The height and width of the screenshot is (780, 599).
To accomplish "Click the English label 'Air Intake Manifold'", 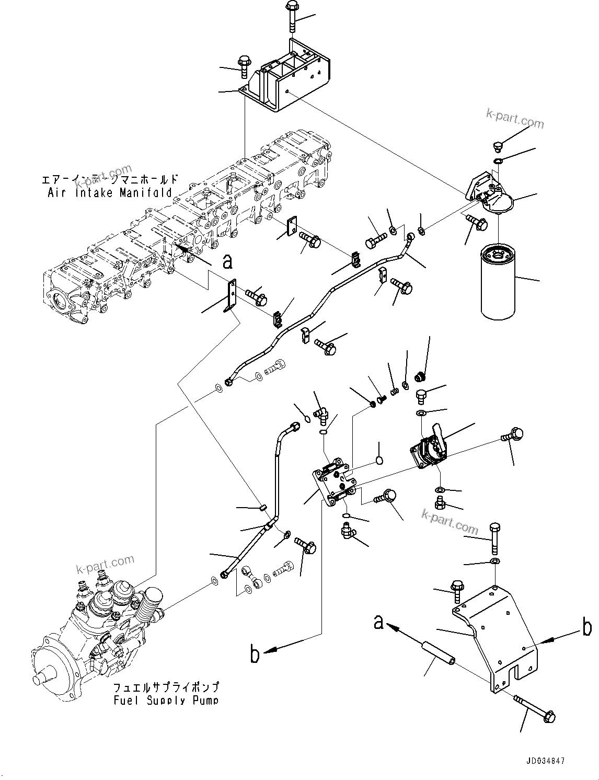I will (x=109, y=192).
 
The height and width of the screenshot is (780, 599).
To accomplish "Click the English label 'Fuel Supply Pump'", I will (x=166, y=700).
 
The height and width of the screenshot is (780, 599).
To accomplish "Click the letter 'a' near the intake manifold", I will (x=227, y=261).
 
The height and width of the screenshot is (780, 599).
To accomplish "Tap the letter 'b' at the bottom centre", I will (x=255, y=654).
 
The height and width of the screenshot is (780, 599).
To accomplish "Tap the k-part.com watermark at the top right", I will (x=515, y=120).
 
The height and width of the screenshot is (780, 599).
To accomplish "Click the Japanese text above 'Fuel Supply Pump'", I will (x=166, y=687).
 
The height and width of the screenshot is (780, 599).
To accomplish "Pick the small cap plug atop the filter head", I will (x=497, y=146).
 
